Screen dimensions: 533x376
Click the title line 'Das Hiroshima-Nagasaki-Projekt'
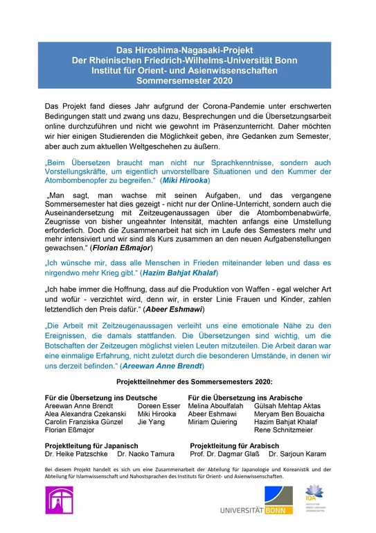pos(187,51)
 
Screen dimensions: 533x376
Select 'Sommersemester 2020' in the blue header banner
pos(187,81)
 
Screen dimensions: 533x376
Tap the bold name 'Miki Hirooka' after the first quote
pos(183,181)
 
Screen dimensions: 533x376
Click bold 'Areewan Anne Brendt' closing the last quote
pos(162,365)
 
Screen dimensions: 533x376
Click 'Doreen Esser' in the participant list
pos(159,405)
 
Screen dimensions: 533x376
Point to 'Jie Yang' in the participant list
pos(151,422)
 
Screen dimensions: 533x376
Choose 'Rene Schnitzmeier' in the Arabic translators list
pos(284,430)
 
